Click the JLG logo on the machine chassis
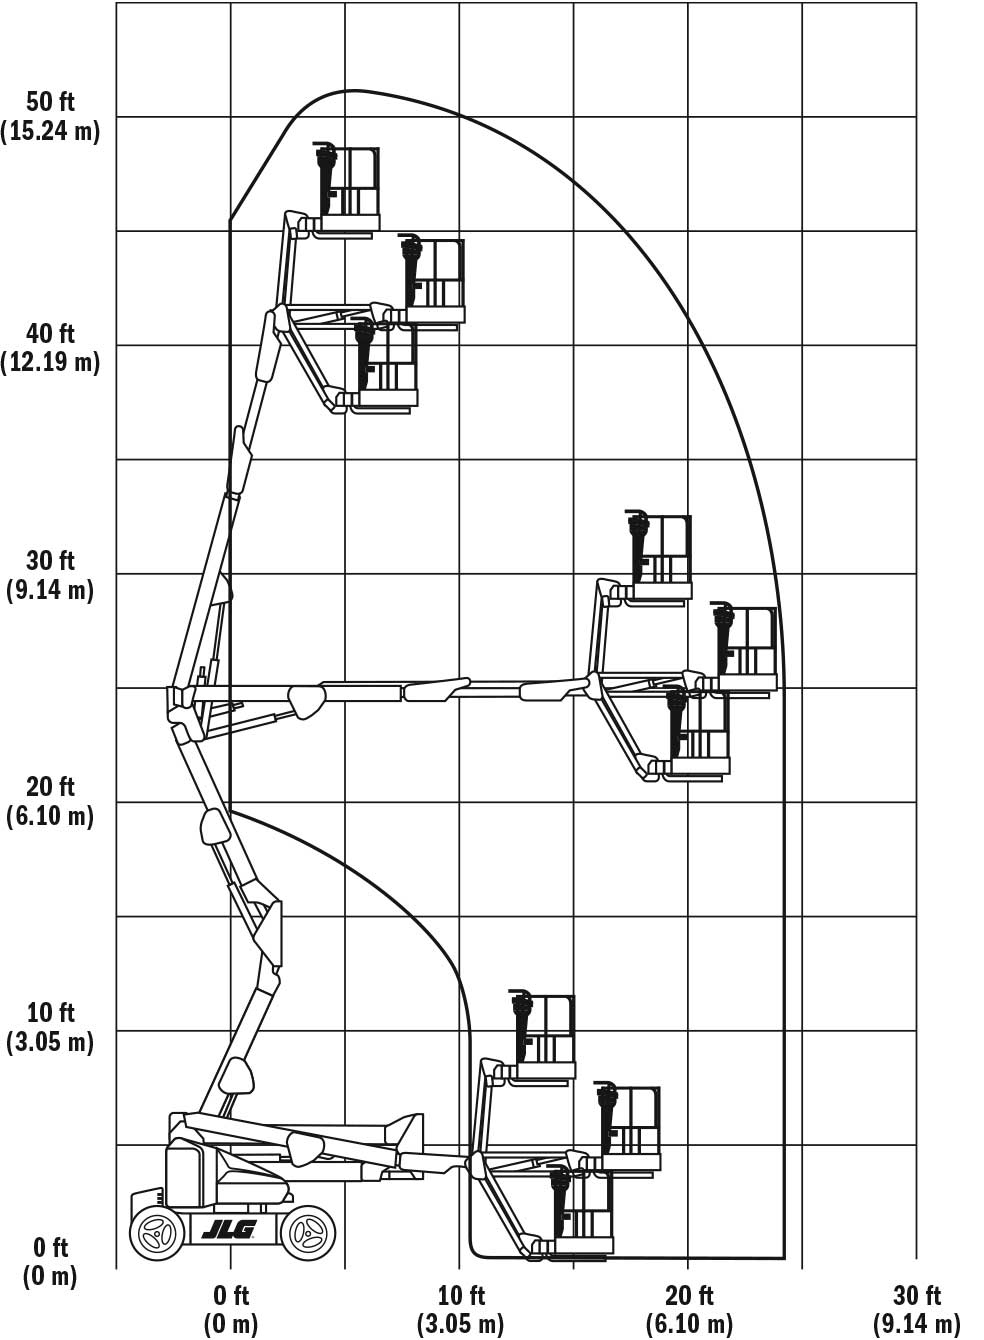click(x=229, y=1229)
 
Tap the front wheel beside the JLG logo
click(x=308, y=1232)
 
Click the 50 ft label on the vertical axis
click(x=50, y=102)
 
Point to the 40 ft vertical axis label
click(x=50, y=333)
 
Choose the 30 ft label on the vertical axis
click(x=50, y=561)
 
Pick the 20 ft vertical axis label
click(x=50, y=786)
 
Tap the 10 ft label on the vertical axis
click(x=50, y=1013)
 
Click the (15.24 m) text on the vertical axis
click(x=50, y=131)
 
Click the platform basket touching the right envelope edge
click(x=745, y=649)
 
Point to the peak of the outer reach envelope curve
click(x=354, y=90)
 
